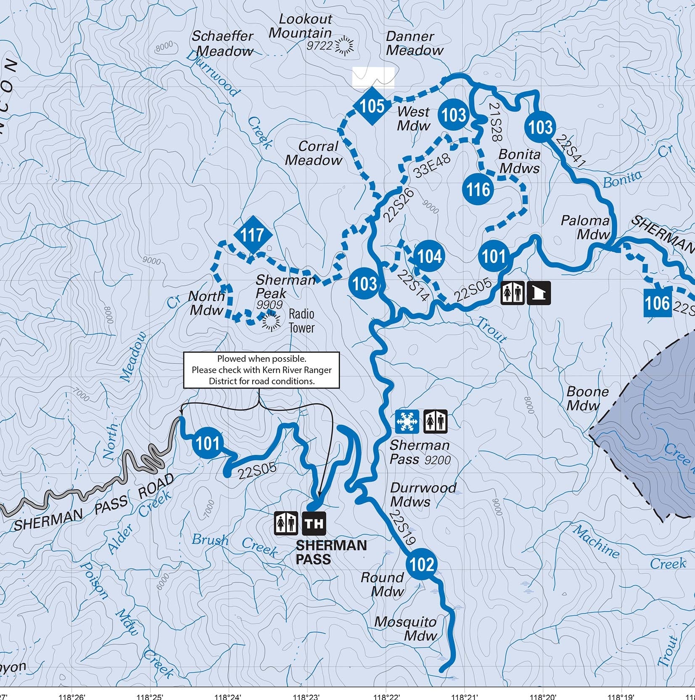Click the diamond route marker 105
pyautogui.click(x=373, y=106)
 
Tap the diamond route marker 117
pyautogui.click(x=252, y=235)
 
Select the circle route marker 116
pyautogui.click(x=478, y=189)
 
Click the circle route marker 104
pyautogui.click(x=429, y=256)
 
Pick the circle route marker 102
pyautogui.click(x=421, y=564)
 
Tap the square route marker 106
pyautogui.click(x=657, y=302)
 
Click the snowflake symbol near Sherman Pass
pyautogui.click(x=407, y=421)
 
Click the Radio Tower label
pyautogui.click(x=301, y=321)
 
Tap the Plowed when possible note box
pyautogui.click(x=261, y=370)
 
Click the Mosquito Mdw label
pyautogui.click(x=406, y=628)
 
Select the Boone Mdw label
pyautogui.click(x=587, y=398)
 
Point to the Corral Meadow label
pyautogui.click(x=314, y=153)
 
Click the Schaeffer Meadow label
pyautogui.click(x=223, y=44)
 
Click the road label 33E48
pyautogui.click(x=432, y=166)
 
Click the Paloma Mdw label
pyautogui.click(x=585, y=227)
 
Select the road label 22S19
pyautogui.click(x=402, y=528)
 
